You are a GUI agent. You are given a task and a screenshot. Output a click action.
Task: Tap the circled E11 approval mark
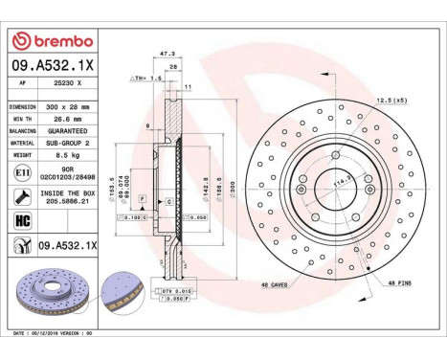tap(22, 171)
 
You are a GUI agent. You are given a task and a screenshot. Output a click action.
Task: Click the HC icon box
tap(22, 221)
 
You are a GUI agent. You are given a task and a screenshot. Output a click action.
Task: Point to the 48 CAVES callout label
tap(274, 285)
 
